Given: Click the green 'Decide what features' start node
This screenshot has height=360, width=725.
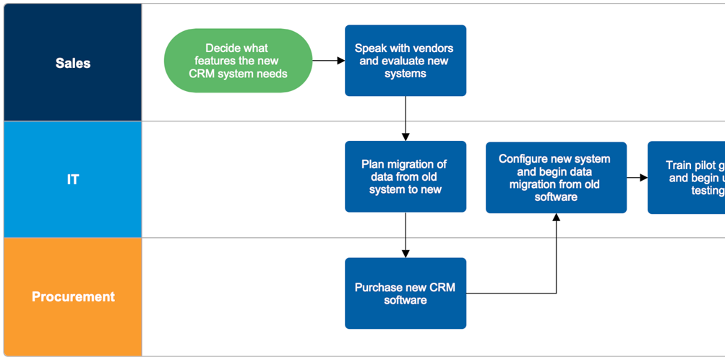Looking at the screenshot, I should tap(238, 61).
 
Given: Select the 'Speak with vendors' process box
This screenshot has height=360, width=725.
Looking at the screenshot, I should tap(405, 61).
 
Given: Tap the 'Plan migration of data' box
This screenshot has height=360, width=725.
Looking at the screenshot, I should tap(405, 176).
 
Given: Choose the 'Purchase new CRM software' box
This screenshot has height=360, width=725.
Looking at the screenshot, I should tap(405, 293).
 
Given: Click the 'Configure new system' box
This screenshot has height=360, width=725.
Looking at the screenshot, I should tap(555, 178).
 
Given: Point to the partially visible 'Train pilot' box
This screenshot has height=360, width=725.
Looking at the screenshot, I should tap(687, 178).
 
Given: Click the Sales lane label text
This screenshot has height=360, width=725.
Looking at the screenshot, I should tap(73, 64).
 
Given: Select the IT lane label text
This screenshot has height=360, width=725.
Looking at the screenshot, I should tap(73, 179).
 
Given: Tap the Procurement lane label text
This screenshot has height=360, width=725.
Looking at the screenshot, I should tap(73, 296).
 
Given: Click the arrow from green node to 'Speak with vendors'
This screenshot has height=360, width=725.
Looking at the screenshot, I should tap(329, 61).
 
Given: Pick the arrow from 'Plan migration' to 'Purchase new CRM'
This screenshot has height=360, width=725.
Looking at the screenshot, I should tap(406, 235).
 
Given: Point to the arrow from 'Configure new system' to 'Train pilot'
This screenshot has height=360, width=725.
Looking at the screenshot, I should tap(637, 178).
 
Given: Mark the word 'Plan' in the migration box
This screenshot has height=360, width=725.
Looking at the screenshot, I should tap(374, 164).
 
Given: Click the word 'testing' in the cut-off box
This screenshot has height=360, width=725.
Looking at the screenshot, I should tap(708, 191).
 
